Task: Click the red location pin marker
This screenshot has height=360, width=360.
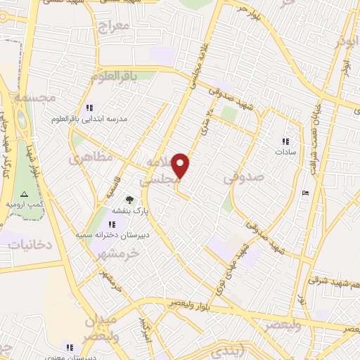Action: pos(181,166)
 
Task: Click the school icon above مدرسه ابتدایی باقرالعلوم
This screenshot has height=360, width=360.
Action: pos(89,108)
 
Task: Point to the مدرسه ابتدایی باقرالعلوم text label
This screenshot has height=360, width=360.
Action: pos(89,120)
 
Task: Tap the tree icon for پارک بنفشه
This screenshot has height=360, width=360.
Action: pos(129,200)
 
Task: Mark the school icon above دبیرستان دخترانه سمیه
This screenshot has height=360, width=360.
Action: pos(112,224)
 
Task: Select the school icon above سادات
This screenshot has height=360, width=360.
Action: pos(285,141)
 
